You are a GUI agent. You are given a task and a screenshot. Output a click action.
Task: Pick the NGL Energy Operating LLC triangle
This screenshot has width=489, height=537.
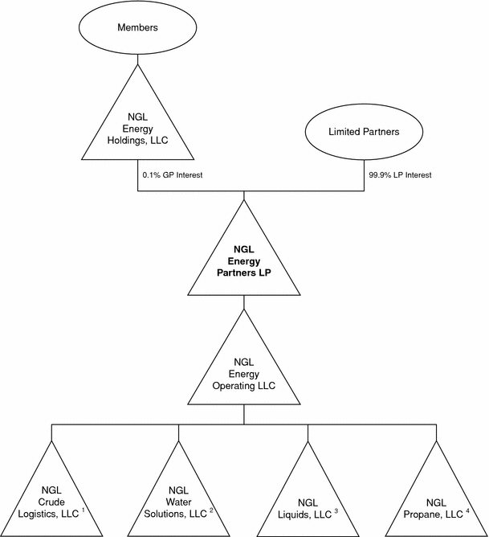(243, 370)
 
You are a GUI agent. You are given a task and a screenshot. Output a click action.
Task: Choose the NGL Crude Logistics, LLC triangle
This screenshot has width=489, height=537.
(52, 498)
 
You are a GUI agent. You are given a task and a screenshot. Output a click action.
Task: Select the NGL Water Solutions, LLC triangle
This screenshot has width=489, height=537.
(179, 498)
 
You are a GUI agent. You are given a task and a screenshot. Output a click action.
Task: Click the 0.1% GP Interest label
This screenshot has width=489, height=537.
(168, 174)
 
